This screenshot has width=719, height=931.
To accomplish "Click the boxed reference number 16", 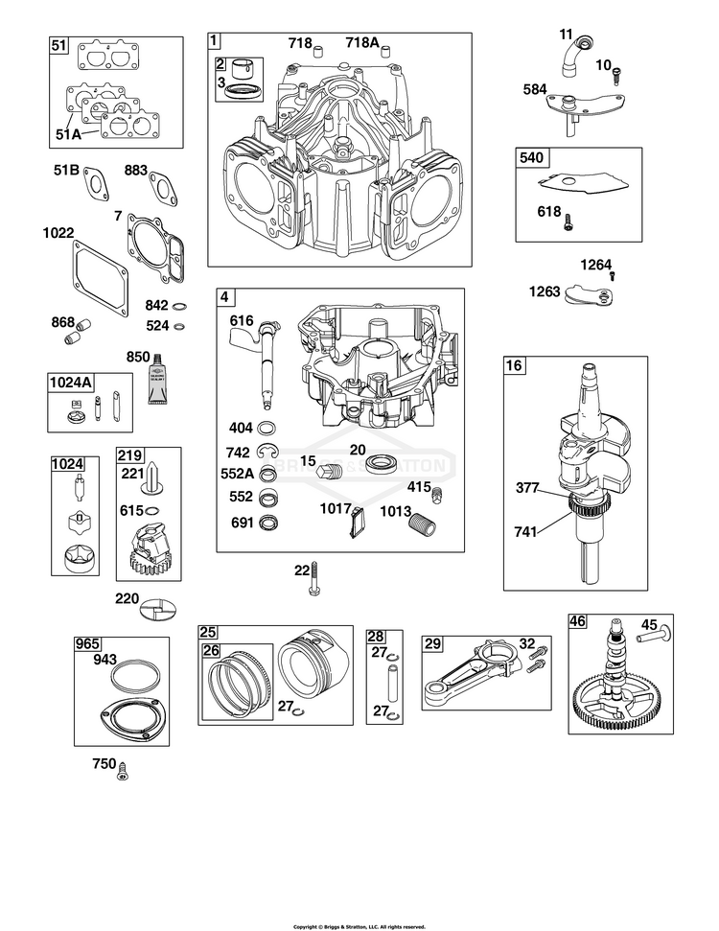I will (x=514, y=365).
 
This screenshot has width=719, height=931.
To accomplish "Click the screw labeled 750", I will (x=123, y=768).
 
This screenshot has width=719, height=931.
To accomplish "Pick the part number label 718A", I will (x=361, y=42).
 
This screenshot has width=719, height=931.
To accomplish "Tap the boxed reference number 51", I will (x=59, y=45).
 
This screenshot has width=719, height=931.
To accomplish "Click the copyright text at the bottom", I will (x=359, y=926).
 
